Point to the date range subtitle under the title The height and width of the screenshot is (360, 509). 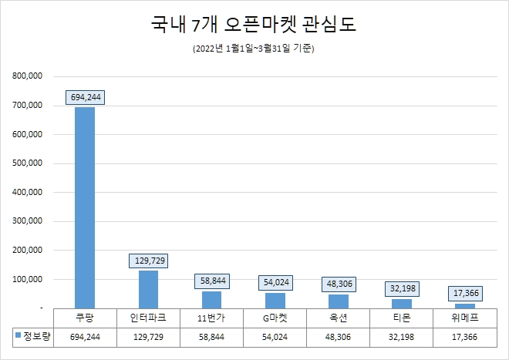pos(254,49)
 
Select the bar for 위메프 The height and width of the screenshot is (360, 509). pos(465,305)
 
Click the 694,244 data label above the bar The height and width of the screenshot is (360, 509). pos(85,97)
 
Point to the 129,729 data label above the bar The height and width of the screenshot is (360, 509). pos(148,261)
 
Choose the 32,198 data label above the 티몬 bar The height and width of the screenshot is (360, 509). pos(402,288)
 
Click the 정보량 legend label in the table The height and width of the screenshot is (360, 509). pos(36,337)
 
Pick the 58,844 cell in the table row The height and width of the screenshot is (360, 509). pos(211,338)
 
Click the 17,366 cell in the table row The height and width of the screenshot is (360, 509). pos(465,338)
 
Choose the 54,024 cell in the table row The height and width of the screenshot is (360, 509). pos(275,338)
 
